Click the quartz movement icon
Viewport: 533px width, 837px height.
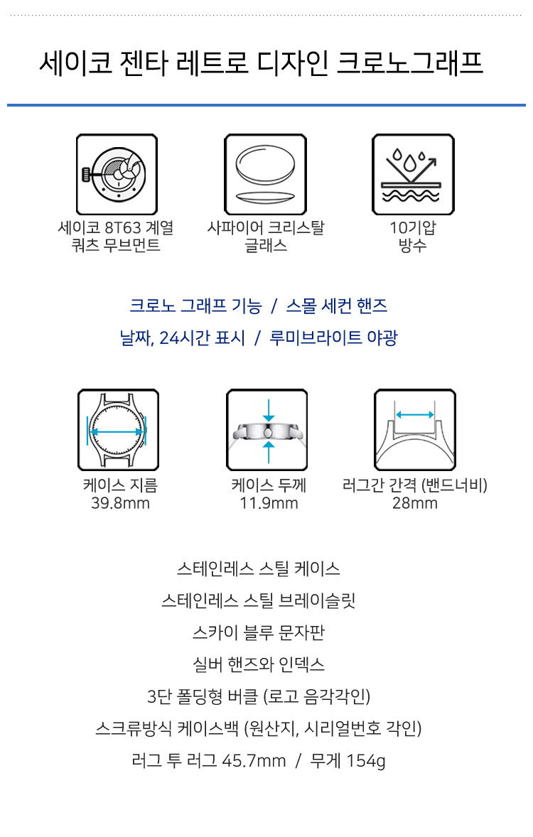pyautogui.click(x=117, y=175)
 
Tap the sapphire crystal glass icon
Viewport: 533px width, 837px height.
pyautogui.click(x=265, y=175)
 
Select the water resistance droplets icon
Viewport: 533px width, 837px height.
pyautogui.click(x=414, y=175)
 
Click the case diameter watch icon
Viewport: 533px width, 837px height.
pyautogui.click(x=118, y=430)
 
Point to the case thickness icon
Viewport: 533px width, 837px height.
pyautogui.click(x=267, y=430)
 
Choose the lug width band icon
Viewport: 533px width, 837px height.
pyautogui.click(x=415, y=430)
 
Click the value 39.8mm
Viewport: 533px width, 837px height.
pyautogui.click(x=120, y=503)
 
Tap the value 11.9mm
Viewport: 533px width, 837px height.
pyautogui.click(x=269, y=503)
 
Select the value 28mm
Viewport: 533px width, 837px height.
pyautogui.click(x=415, y=503)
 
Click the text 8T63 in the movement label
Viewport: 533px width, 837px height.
pyautogui.click(x=122, y=228)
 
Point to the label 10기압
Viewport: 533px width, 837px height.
pyautogui.click(x=413, y=228)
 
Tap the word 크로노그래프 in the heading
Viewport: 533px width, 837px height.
pyautogui.click(x=410, y=63)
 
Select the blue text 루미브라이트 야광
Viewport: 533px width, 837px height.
pyautogui.click(x=334, y=338)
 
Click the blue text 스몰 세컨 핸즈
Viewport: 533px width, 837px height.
pyautogui.click(x=337, y=306)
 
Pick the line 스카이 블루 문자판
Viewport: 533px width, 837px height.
pyautogui.click(x=259, y=632)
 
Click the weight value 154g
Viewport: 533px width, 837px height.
pyautogui.click(x=366, y=761)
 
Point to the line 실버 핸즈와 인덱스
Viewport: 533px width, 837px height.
pyautogui.click(x=259, y=664)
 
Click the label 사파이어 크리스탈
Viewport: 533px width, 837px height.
pyautogui.click(x=265, y=228)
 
